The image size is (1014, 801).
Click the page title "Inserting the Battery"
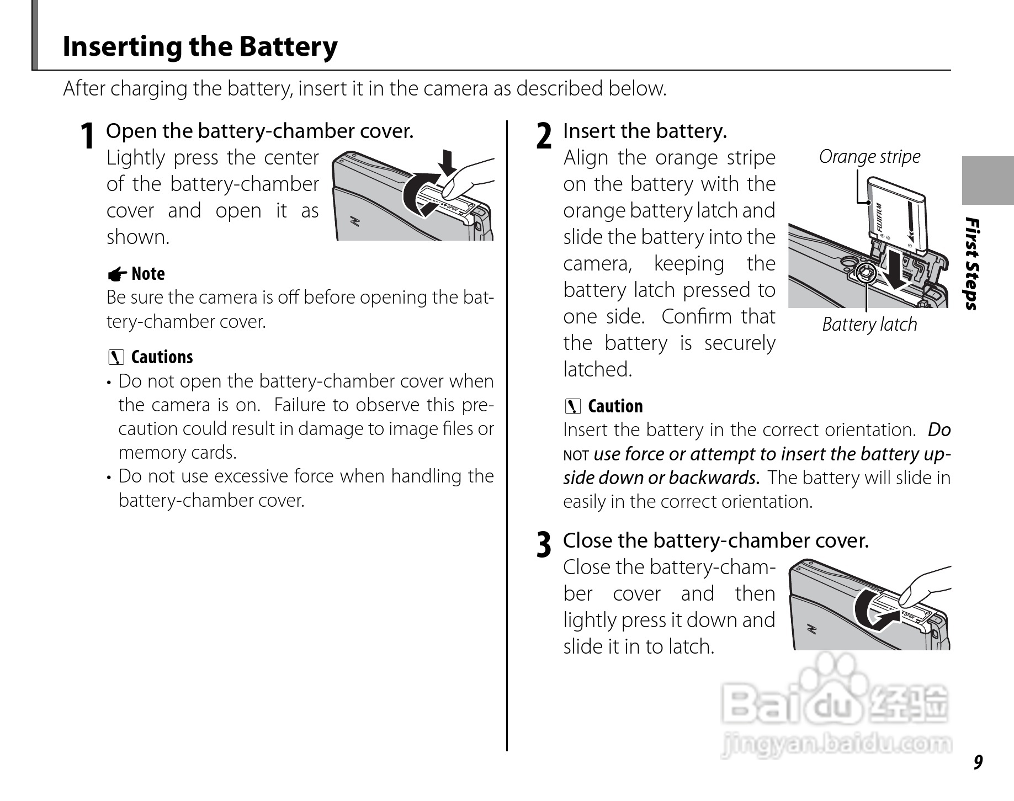pyautogui.click(x=200, y=46)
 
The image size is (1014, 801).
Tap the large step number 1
pyautogui.click(x=87, y=136)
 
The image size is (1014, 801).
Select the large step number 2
pyautogui.click(x=544, y=136)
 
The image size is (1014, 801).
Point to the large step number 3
pyautogui.click(x=544, y=545)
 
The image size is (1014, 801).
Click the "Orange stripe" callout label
pyautogui.click(x=869, y=157)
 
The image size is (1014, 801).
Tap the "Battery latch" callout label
pyautogui.click(x=869, y=325)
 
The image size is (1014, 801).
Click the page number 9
pyautogui.click(x=978, y=762)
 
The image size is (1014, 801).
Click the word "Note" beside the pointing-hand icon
pyautogui.click(x=148, y=274)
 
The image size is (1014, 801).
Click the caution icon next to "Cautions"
pyautogui.click(x=116, y=358)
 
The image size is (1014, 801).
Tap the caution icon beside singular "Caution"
pyautogui.click(x=573, y=407)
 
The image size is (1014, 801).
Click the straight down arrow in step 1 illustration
pyautogui.click(x=447, y=161)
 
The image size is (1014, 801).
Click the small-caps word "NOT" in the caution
pyautogui.click(x=576, y=456)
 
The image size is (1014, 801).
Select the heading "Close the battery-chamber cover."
pyautogui.click(x=715, y=540)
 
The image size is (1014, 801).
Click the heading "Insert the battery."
pyautogui.click(x=645, y=131)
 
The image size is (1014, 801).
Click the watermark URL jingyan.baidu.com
pyautogui.click(x=836, y=745)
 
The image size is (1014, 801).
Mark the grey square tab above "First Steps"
pyautogui.click(x=988, y=181)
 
